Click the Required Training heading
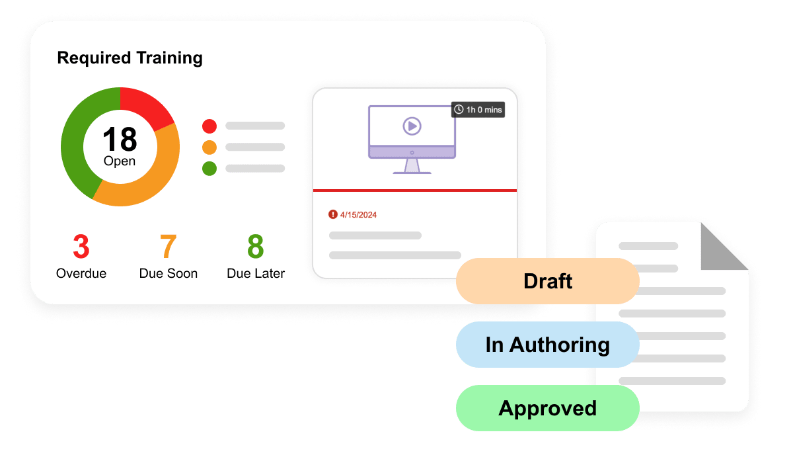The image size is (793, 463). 130,58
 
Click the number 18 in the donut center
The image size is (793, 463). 120,140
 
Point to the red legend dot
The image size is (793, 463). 209,126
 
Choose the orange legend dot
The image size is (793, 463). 209,147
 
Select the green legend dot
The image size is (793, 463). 209,168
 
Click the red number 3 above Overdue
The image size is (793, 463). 81,247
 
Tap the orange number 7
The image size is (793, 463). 168,247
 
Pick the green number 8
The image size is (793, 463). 255,247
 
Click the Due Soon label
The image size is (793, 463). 168,273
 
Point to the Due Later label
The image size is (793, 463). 255,273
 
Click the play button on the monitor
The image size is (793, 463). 412,126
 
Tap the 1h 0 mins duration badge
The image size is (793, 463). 478,110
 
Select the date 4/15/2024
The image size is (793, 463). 358,215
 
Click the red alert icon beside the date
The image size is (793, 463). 332,214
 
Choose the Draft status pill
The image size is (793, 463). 547,281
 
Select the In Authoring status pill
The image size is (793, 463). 547,345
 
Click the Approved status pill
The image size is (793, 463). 547,408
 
